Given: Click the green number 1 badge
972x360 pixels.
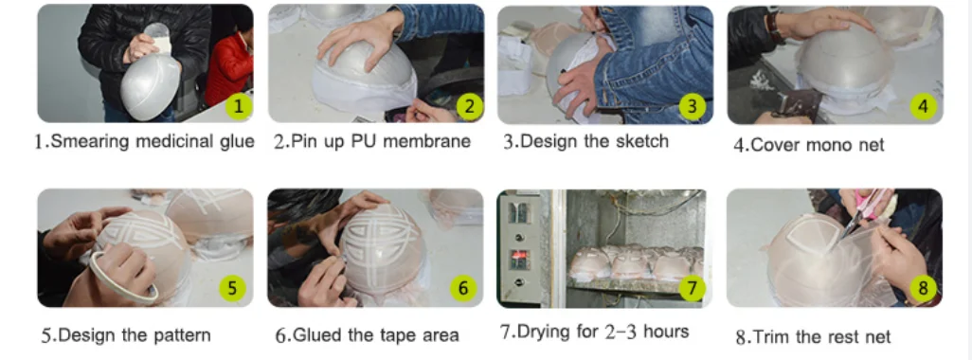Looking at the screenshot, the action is click(x=239, y=106).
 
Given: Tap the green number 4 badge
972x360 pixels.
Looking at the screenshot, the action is click(x=923, y=106).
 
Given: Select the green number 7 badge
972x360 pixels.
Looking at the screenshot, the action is click(x=693, y=288).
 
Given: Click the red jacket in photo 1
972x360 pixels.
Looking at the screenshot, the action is click(x=228, y=68).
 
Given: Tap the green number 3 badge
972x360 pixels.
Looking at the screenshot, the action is click(x=693, y=106).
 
